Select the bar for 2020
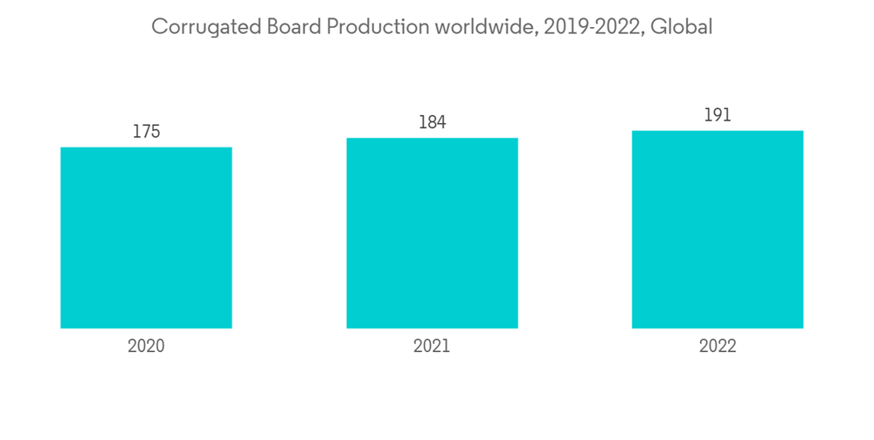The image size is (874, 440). pyautogui.click(x=146, y=237)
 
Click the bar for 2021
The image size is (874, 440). pyautogui.click(x=432, y=233)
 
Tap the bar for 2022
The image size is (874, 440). pyautogui.click(x=717, y=230)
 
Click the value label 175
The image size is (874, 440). pyautogui.click(x=146, y=132)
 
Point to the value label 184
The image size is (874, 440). pyautogui.click(x=432, y=123)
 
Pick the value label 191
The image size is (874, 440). pyautogui.click(x=717, y=115)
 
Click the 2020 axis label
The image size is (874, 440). pyautogui.click(x=146, y=346)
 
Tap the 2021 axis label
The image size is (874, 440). pyautogui.click(x=432, y=346)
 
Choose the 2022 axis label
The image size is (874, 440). pyautogui.click(x=717, y=346)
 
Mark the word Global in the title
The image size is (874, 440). pyautogui.click(x=684, y=27)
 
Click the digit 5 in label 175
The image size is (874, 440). pyautogui.click(x=156, y=132)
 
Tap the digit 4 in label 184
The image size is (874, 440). pyautogui.click(x=441, y=123)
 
